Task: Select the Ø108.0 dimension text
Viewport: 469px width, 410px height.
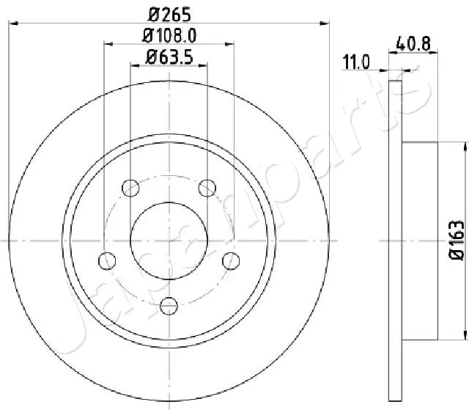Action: click(170, 34)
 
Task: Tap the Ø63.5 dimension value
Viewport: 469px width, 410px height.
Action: click(170, 56)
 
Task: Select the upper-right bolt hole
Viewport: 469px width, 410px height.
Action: click(208, 187)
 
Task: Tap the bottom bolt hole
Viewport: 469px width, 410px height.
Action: click(169, 304)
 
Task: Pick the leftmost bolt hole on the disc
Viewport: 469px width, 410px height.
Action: click(108, 260)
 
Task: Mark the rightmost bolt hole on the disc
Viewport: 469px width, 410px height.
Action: click(232, 260)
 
